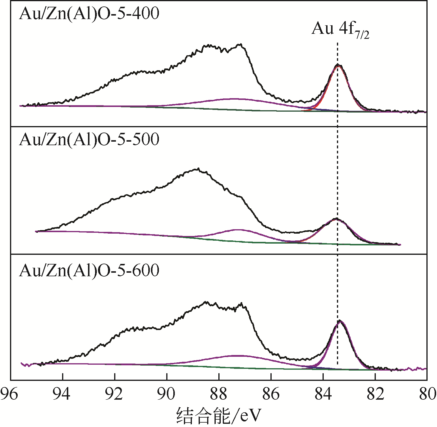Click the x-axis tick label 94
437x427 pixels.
[x=62, y=394]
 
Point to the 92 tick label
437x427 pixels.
[x=114, y=394]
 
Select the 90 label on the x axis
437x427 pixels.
[x=167, y=394]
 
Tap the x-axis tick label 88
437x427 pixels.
[x=219, y=394]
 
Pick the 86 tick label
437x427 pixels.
[x=271, y=394]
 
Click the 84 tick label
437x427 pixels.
[x=323, y=394]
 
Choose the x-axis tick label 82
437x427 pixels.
[x=375, y=394]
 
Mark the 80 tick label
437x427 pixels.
[x=427, y=394]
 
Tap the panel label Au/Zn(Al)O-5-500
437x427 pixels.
[x=89, y=140]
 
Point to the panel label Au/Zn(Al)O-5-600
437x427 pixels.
[x=89, y=270]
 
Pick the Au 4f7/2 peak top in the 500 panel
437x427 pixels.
[x=336, y=218]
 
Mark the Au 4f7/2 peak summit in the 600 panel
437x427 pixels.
[x=340, y=320]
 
